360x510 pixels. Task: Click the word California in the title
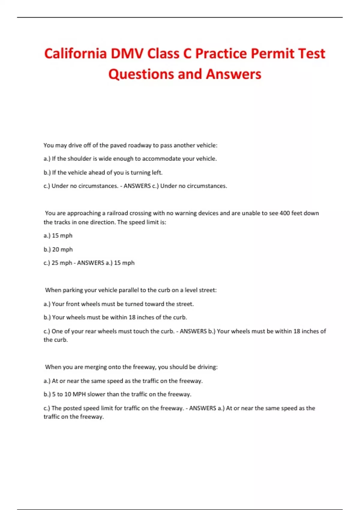pos(75,54)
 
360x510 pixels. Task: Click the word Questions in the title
pos(141,74)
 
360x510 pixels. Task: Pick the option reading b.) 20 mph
pos(58,249)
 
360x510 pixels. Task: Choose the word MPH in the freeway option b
pos(79,394)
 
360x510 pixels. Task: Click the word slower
pos(97,394)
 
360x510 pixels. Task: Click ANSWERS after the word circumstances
pos(137,186)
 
